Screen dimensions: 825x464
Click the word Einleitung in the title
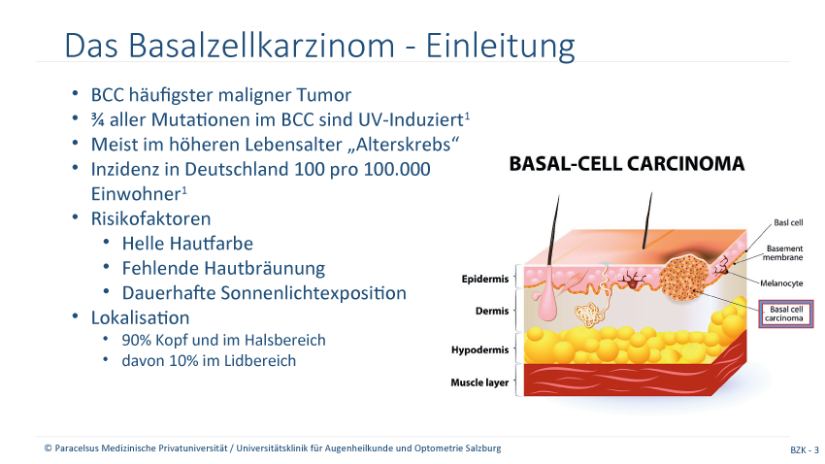click(500, 46)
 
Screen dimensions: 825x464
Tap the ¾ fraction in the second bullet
click(97, 120)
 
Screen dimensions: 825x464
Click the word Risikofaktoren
click(151, 218)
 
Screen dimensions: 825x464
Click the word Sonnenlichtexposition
click(313, 293)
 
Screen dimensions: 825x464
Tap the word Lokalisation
click(140, 317)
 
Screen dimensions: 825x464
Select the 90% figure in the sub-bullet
click(136, 340)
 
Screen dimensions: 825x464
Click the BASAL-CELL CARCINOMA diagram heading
click(627, 164)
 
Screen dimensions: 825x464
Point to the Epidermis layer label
click(485, 279)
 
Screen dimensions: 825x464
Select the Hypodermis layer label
click(479, 349)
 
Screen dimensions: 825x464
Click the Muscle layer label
click(479, 382)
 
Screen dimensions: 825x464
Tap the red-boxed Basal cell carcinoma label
click(786, 314)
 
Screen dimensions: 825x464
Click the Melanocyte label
click(781, 283)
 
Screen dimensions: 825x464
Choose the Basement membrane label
click(783, 252)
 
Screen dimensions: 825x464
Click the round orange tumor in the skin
click(682, 279)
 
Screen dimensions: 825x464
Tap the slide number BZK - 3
click(805, 449)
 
